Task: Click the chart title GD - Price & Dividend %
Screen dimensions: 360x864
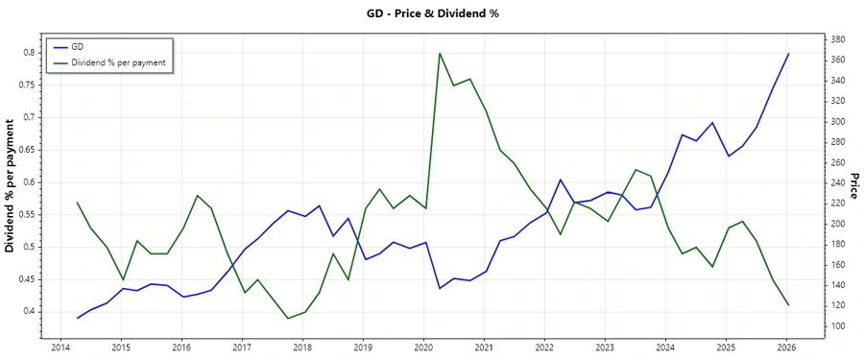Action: pyautogui.click(x=433, y=13)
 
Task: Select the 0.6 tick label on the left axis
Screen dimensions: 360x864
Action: pyautogui.click(x=29, y=182)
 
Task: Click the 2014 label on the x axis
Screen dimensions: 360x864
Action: pyautogui.click(x=60, y=348)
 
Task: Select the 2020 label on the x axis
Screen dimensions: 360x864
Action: pyautogui.click(x=423, y=348)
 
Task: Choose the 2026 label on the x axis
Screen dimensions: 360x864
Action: pyautogui.click(x=787, y=348)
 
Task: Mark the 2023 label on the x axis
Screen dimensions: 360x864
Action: pyautogui.click(x=605, y=348)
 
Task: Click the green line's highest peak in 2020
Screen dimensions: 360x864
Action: pyautogui.click(x=440, y=54)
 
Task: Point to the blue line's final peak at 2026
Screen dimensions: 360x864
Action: pyautogui.click(x=788, y=54)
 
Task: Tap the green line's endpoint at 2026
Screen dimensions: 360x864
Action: pyautogui.click(x=788, y=305)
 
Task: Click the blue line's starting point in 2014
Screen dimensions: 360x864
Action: pyautogui.click(x=77, y=318)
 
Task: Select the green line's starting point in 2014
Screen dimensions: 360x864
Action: pyautogui.click(x=77, y=203)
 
